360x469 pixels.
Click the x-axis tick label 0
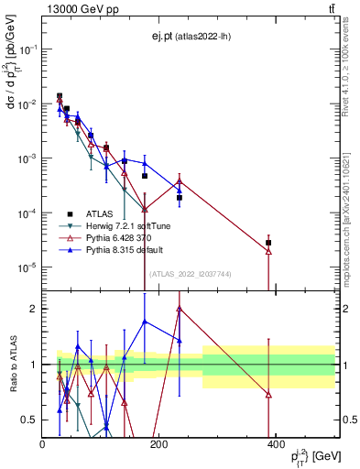pos(43,444)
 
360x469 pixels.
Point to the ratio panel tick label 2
pos(33,309)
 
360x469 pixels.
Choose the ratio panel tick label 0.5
pos(28,420)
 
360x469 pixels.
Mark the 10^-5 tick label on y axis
pos(24,267)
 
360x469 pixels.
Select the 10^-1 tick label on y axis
pos(24,49)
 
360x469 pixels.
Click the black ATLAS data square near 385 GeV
pos(268,243)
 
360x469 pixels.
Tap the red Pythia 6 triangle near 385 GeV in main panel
pos(268,251)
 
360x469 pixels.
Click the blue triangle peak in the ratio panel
pos(145,322)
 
